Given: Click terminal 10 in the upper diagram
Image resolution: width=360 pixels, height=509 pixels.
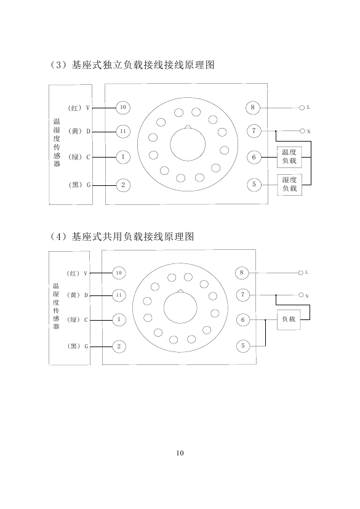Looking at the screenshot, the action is pyautogui.click(x=123, y=108).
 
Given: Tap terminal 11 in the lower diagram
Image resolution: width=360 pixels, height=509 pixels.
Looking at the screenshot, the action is pyautogui.click(x=119, y=295).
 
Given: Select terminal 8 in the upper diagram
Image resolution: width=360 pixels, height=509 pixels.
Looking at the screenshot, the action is pyautogui.click(x=253, y=108).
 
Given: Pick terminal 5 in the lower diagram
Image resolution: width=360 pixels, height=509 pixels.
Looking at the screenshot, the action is pyautogui.click(x=243, y=346).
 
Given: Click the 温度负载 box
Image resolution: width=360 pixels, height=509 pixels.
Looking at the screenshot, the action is pyautogui.click(x=289, y=157).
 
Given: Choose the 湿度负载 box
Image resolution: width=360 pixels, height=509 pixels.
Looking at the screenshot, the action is pyautogui.click(x=290, y=185).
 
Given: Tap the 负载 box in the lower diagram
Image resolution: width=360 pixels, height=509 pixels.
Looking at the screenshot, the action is pyautogui.click(x=289, y=320).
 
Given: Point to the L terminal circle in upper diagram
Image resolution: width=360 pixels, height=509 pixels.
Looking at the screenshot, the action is pyautogui.click(x=302, y=108).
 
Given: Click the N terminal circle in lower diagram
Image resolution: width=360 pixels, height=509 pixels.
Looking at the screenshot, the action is pyautogui.click(x=302, y=295).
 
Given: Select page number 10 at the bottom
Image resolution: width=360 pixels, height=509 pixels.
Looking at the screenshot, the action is pyautogui.click(x=180, y=453).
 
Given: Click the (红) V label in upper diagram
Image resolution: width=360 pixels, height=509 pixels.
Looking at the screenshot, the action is pyautogui.click(x=79, y=108).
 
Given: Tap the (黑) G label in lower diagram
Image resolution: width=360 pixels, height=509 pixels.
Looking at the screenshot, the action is pyautogui.click(x=78, y=347).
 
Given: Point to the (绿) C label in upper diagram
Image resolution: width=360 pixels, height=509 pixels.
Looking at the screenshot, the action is pyautogui.click(x=79, y=157).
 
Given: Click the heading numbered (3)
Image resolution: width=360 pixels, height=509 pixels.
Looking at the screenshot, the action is pyautogui.click(x=132, y=65).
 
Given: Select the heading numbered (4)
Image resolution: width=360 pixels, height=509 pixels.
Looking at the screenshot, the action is pyautogui.click(x=121, y=236).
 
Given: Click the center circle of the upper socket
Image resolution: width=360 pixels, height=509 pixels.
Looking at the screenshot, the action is pyautogui.click(x=188, y=144).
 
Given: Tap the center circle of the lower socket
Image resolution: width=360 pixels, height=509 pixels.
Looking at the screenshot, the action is pyautogui.click(x=180, y=307).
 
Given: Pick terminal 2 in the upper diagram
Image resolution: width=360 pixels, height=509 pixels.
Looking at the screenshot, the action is pyautogui.click(x=123, y=185).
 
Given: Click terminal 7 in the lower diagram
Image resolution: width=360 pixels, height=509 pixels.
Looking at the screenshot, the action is pyautogui.click(x=242, y=295).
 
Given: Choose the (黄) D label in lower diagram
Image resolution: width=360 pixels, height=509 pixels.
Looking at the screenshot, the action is pyautogui.click(x=78, y=295).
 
